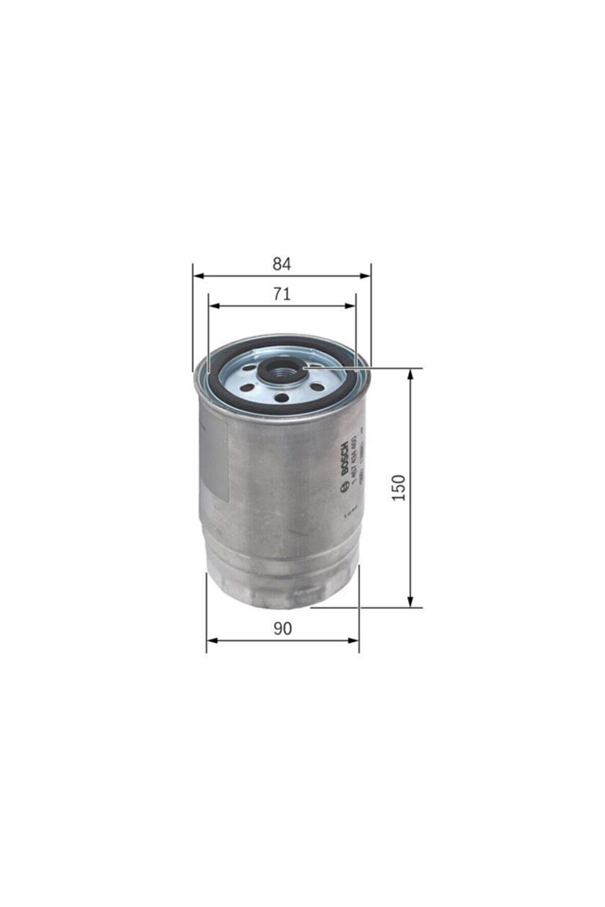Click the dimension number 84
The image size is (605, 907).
tap(281, 264)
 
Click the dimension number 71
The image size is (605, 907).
tap(281, 294)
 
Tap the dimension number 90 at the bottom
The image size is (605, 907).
tap(282, 628)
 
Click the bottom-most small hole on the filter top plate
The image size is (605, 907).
tap(280, 397)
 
